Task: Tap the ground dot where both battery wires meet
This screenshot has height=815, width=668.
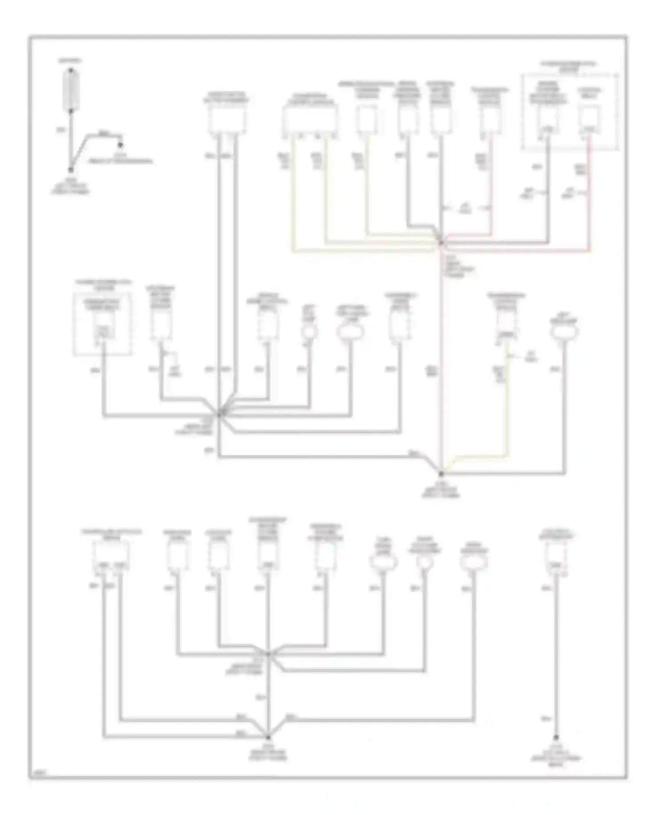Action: [70, 170]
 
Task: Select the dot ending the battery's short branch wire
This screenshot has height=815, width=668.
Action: [120, 144]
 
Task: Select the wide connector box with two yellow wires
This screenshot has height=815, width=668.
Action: [310, 119]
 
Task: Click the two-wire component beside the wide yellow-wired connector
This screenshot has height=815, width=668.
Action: [227, 119]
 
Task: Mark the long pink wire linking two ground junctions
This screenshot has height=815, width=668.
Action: [441, 357]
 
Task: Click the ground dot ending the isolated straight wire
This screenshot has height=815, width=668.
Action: [556, 738]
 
